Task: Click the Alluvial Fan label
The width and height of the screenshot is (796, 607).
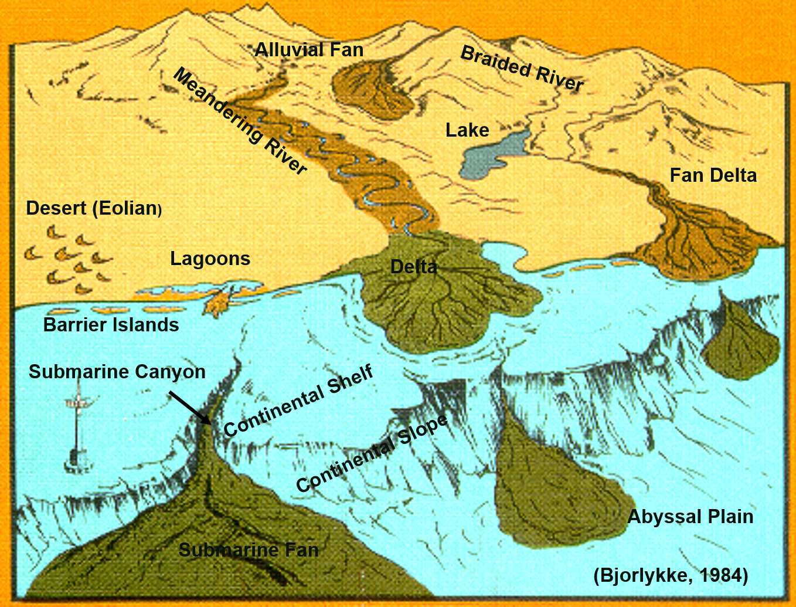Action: (309, 50)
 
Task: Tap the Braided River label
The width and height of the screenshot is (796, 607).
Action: (522, 69)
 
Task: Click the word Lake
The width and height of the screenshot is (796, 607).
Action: (467, 130)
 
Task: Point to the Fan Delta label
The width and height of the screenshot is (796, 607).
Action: (713, 175)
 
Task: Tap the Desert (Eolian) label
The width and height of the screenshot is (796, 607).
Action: (94, 208)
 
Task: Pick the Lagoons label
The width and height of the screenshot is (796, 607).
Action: (210, 259)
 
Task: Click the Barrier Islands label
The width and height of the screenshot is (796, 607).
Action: (111, 325)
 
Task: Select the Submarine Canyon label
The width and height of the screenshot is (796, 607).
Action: (117, 372)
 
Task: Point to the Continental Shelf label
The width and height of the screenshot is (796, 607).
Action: (298, 400)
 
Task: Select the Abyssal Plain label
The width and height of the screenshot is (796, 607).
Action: (690, 517)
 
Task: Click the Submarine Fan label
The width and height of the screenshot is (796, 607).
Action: (249, 550)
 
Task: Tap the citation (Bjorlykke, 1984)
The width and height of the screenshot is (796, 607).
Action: (671, 575)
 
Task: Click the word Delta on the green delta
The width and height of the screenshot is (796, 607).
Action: (414, 267)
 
